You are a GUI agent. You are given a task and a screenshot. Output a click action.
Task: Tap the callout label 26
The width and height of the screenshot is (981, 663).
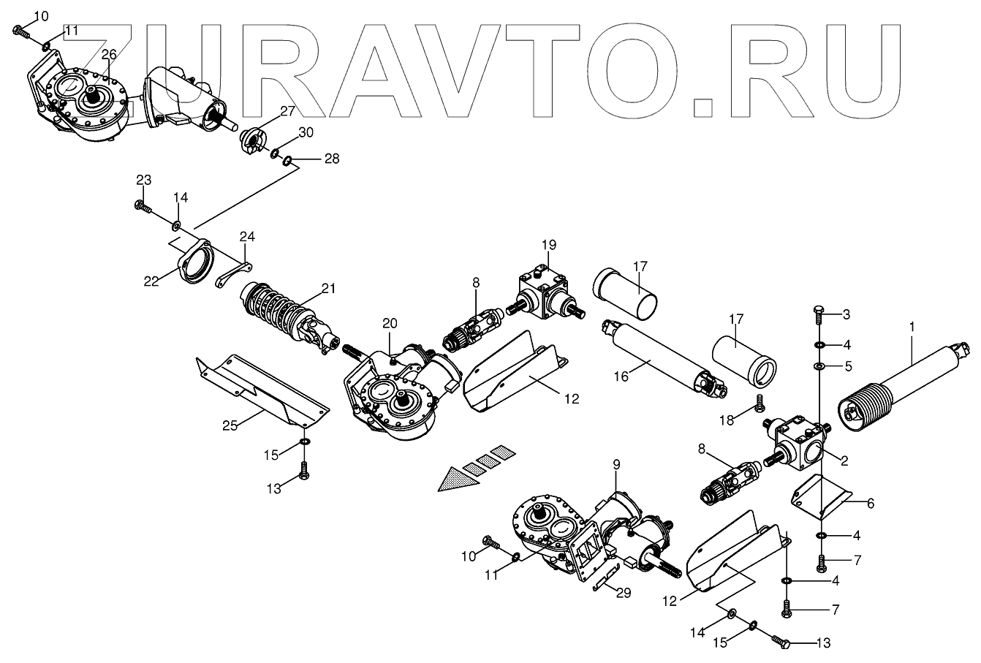pos(109,55)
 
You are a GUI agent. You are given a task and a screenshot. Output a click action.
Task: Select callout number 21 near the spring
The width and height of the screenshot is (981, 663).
pos(329,289)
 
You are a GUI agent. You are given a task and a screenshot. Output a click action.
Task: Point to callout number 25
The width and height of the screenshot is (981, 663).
pos(230,425)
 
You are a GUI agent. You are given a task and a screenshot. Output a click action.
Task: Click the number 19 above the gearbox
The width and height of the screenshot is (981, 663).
pos(549,244)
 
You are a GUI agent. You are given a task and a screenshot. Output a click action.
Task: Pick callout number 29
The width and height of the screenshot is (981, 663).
pos(622,593)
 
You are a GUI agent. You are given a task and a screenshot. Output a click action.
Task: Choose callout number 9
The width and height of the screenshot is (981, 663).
pos(616,463)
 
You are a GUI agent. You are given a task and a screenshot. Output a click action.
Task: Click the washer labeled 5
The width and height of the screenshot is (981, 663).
pos(819,365)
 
